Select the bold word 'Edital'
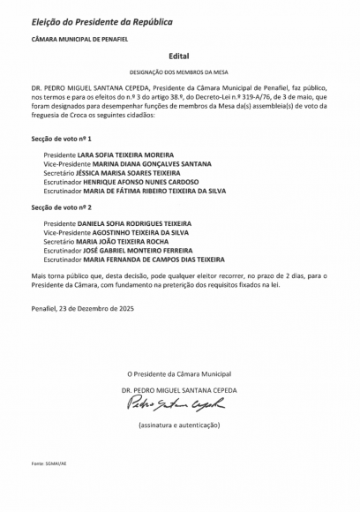(x=179, y=55)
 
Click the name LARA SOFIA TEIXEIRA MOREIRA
(x=127, y=154)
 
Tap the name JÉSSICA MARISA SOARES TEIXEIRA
(x=128, y=173)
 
